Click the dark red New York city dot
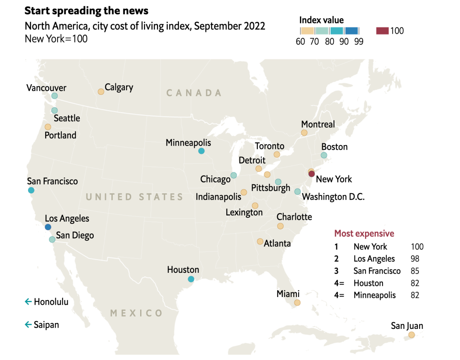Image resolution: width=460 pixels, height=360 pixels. coord(311,174)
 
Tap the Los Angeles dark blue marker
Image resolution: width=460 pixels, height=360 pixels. coord(48,227)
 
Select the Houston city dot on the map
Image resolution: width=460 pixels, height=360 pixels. coord(191,279)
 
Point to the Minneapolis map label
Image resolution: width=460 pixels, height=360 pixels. coord(188,143)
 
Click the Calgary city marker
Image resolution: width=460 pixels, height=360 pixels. coord(101,91)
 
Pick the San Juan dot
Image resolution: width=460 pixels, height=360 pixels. coord(411,335)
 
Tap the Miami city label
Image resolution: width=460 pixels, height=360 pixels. coord(288,294)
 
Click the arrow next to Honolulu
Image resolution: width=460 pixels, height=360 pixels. coord(29,302)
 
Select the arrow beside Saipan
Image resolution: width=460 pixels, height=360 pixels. coord(29,325)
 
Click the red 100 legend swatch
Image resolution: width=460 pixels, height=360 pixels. coord(382,31)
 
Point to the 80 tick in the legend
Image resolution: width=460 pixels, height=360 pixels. coord(330,42)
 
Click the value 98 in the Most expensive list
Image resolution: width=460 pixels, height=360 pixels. coord(415,259)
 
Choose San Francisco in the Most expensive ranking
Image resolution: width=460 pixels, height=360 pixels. coord(377,271)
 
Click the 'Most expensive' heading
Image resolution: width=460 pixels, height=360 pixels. coord(364,233)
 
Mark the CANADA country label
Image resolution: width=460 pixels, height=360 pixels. coord(194,93)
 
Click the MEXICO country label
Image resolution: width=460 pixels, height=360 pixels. coord(136,313)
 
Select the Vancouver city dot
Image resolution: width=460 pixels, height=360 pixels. coord(55,96)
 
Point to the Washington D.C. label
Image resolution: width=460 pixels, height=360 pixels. coord(333,197)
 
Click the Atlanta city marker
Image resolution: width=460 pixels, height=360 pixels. coord(260,241)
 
